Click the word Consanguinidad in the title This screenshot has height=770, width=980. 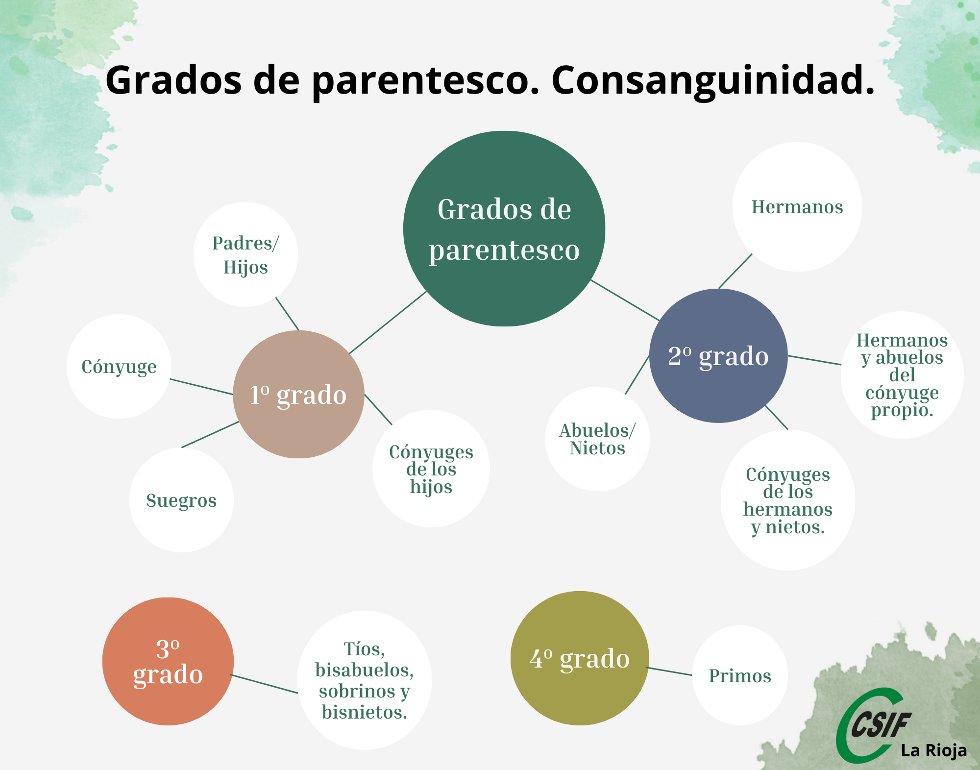click(x=713, y=80)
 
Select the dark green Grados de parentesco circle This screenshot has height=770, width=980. click(x=504, y=228)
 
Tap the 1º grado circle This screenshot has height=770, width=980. click(x=298, y=394)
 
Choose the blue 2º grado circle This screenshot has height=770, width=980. click(x=718, y=356)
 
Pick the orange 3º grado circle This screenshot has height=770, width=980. click(x=168, y=661)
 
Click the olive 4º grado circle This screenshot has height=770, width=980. click(x=580, y=658)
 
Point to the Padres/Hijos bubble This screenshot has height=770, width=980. click(x=245, y=255)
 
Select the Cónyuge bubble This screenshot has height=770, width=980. click(x=119, y=366)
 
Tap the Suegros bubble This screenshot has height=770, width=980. click(x=181, y=500)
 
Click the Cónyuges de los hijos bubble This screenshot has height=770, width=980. click(x=431, y=469)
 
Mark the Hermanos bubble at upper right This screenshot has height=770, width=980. click(x=797, y=207)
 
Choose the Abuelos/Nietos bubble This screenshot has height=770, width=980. click(x=597, y=439)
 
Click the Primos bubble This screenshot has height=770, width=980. click(x=740, y=675)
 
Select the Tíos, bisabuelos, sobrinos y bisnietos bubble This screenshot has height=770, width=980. click(x=365, y=680)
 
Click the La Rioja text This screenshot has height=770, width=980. click(x=934, y=750)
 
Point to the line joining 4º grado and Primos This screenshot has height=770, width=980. click(x=669, y=671)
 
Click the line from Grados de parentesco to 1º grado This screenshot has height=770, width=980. click(x=388, y=323)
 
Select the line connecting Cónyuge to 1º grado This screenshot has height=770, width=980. click(x=201, y=386)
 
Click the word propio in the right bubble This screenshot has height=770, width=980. click(x=902, y=410)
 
